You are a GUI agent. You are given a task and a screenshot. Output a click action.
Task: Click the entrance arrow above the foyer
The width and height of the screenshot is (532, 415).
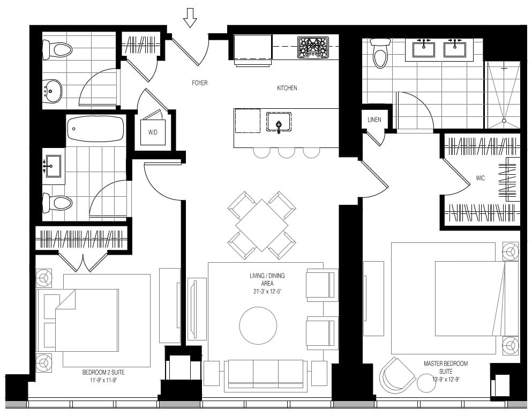point(190,18)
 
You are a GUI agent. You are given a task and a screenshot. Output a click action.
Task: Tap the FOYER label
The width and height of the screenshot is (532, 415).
point(199,83)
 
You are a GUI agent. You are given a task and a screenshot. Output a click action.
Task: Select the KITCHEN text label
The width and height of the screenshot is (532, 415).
point(287,88)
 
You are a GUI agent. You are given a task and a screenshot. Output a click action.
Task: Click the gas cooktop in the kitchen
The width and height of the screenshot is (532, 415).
point(313,47)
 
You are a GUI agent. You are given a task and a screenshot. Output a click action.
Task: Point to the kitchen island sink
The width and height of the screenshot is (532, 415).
point(279,122)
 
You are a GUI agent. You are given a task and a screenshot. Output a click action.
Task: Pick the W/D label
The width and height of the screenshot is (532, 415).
point(153,132)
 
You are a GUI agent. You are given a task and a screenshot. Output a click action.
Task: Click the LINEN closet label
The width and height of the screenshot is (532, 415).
point(374,120)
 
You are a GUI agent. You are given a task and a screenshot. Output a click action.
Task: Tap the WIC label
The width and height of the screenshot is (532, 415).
point(480,178)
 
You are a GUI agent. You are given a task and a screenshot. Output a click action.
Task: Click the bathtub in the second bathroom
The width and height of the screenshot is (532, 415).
point(95,129)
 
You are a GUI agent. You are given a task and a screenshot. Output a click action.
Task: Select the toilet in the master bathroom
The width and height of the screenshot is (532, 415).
point(380,53)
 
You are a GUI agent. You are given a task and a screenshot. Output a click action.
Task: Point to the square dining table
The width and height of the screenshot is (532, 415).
point(262,225)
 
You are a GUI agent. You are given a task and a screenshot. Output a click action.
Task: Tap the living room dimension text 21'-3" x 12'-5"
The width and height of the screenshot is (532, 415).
point(267,291)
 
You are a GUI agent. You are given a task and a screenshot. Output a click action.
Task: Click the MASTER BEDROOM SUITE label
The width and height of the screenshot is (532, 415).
point(446,367)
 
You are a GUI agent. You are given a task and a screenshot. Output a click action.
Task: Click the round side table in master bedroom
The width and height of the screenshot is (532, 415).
point(427,383)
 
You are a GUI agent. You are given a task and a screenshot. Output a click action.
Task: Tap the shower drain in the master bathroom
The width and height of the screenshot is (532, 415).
point(504,121)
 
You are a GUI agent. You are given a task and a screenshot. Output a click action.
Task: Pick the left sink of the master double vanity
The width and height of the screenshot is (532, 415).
point(423,48)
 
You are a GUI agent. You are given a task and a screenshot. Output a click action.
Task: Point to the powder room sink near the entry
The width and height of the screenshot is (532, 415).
point(52,91)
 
